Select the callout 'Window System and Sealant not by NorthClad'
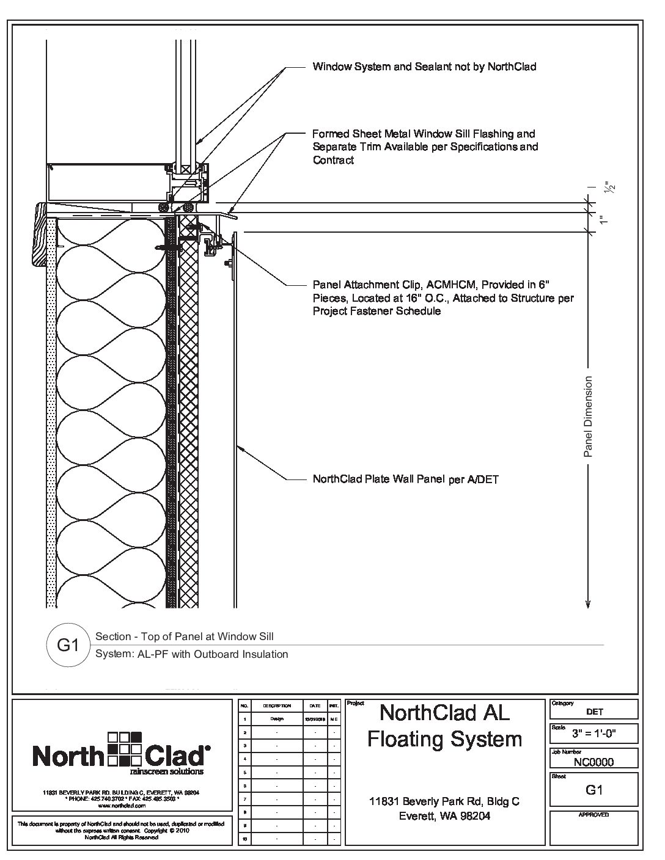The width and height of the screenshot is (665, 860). point(424,67)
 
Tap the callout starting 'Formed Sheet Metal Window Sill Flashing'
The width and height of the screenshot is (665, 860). point(424,147)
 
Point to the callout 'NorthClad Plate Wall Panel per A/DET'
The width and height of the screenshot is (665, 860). point(405,479)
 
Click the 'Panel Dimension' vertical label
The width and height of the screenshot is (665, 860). point(588,417)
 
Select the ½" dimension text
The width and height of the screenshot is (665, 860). point(607,188)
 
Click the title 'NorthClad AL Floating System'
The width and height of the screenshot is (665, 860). point(444,726)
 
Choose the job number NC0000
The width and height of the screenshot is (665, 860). point(593,762)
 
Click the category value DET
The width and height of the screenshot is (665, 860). point(594,712)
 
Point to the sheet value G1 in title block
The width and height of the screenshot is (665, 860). point(594,790)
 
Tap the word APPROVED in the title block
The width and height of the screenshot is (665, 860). point(593,815)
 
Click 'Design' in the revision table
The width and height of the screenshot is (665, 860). point(276,719)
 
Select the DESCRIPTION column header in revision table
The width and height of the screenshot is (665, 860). point(276,705)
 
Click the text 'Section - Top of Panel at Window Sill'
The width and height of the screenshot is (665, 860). point(185,636)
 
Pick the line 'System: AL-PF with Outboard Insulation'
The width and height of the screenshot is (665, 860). point(192,654)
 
